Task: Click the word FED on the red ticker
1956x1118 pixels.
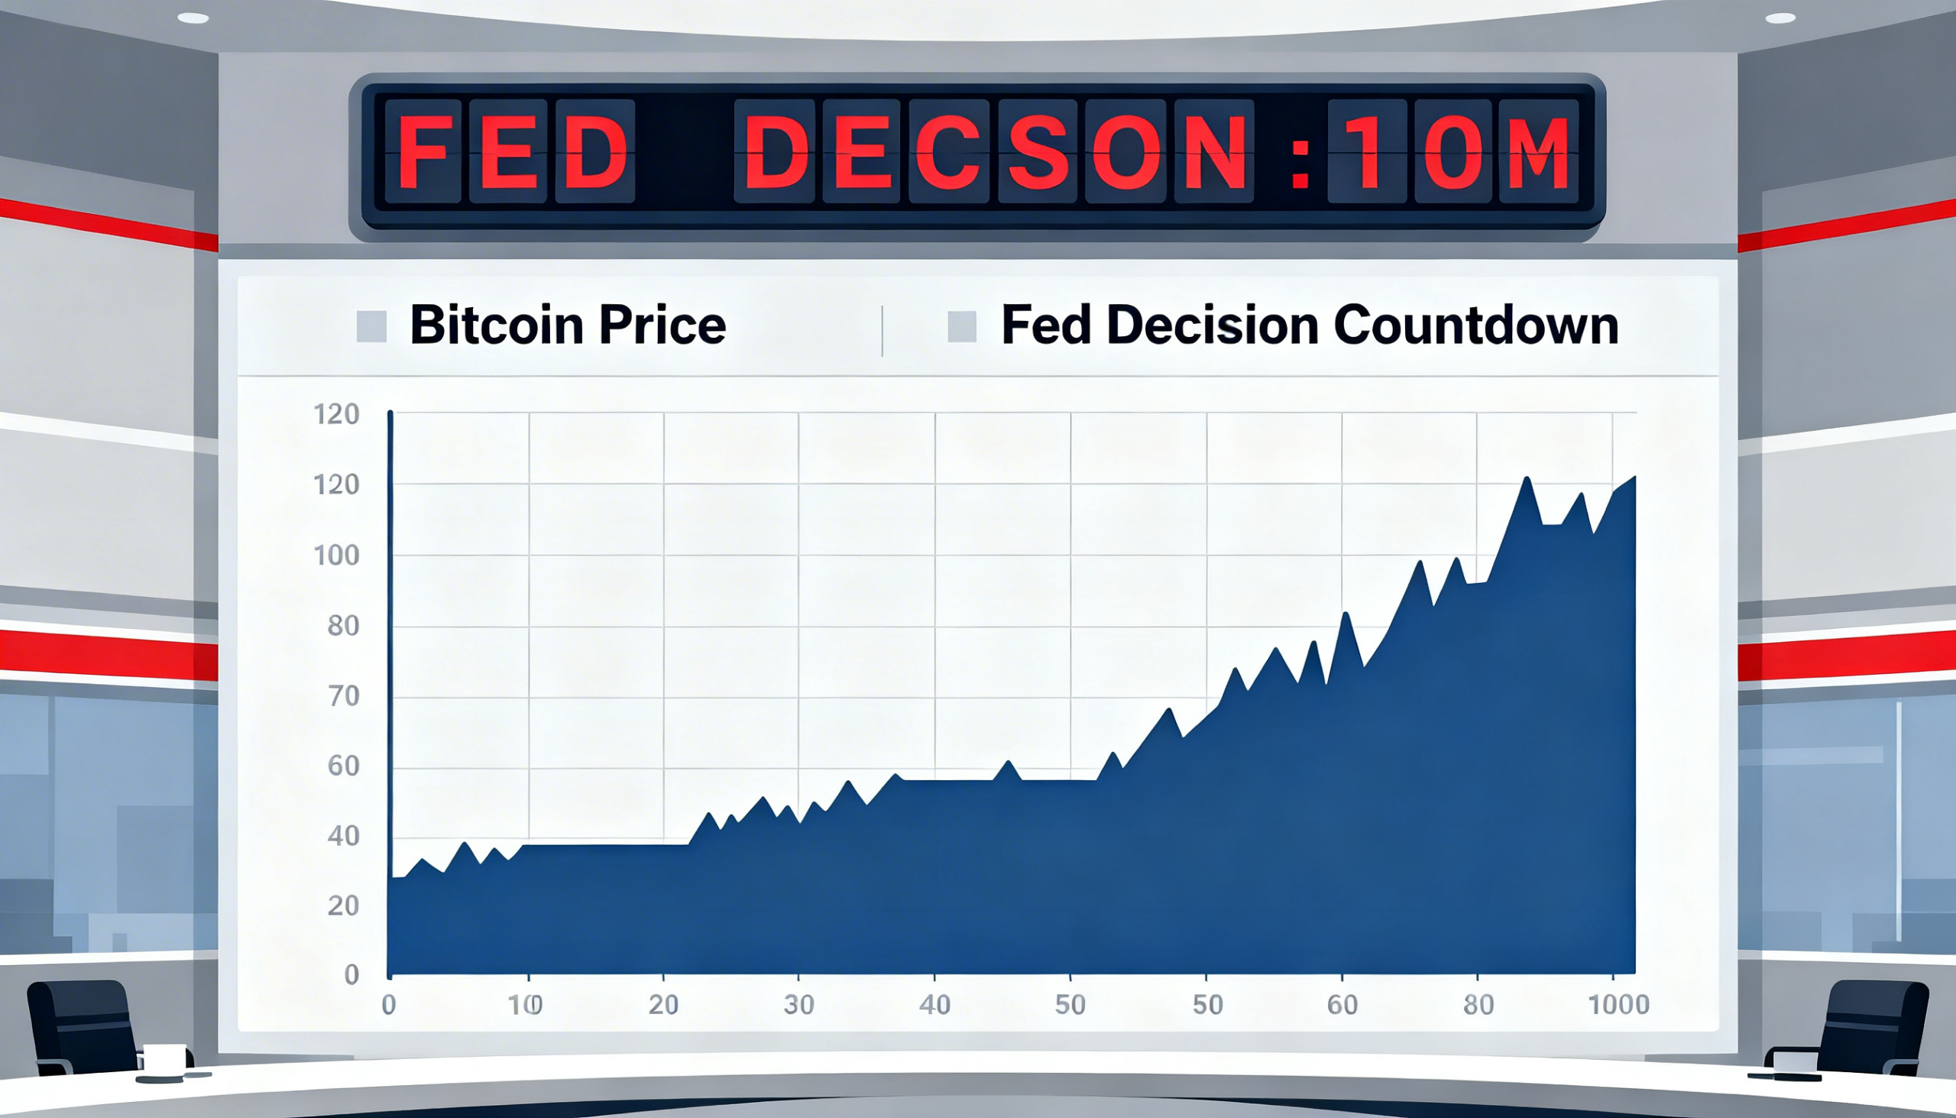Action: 510,152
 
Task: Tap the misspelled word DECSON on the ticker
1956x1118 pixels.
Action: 994,152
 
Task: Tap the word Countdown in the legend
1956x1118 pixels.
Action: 1475,325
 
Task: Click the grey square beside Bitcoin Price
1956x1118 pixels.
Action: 371,326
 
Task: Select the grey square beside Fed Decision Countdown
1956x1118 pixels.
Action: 962,326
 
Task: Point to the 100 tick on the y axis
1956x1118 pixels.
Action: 336,555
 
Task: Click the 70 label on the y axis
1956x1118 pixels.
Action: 343,696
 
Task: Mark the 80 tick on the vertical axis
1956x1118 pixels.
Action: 343,626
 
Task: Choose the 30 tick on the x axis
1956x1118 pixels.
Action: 798,1004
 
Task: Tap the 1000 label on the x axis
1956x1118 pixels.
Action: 1618,1004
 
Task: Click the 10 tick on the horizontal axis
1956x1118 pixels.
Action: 526,1004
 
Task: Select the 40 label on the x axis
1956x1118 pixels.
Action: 934,1004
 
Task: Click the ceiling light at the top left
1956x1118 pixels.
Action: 193,18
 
